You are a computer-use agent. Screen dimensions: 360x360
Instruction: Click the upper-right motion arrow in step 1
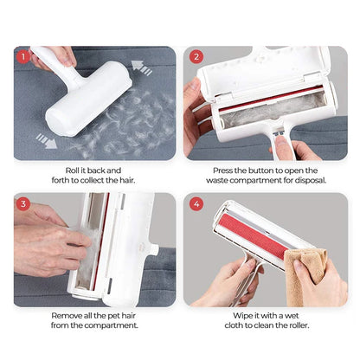(142, 66)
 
